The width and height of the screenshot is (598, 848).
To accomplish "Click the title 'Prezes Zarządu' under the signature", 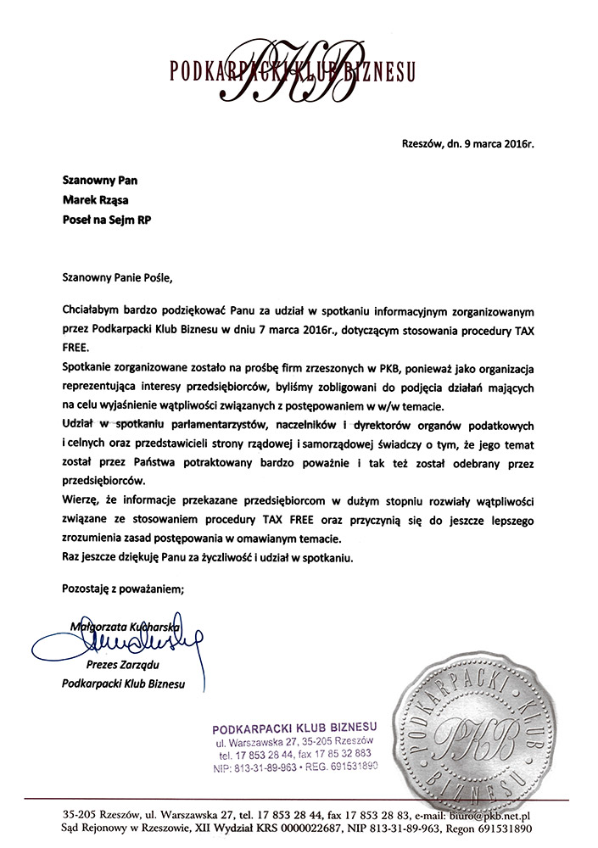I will click(x=124, y=667).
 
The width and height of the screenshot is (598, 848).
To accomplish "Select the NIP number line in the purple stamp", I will click(x=293, y=767).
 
